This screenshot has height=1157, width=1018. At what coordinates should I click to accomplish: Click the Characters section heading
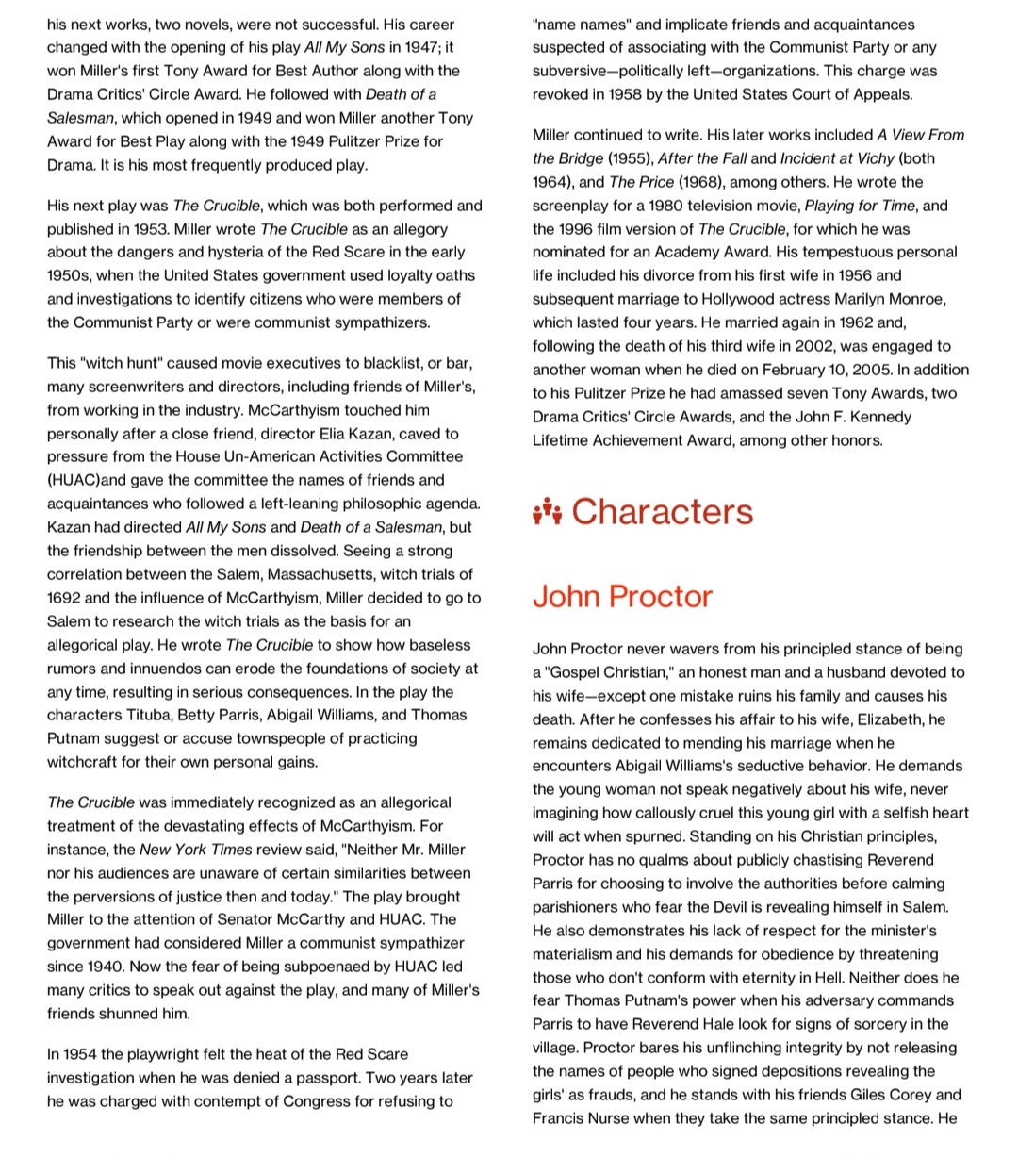662,511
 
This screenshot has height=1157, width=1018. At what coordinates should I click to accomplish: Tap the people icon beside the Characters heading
547,512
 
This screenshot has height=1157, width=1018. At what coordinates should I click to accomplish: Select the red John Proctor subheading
622,597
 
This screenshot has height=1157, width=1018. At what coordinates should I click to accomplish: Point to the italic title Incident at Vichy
837,158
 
